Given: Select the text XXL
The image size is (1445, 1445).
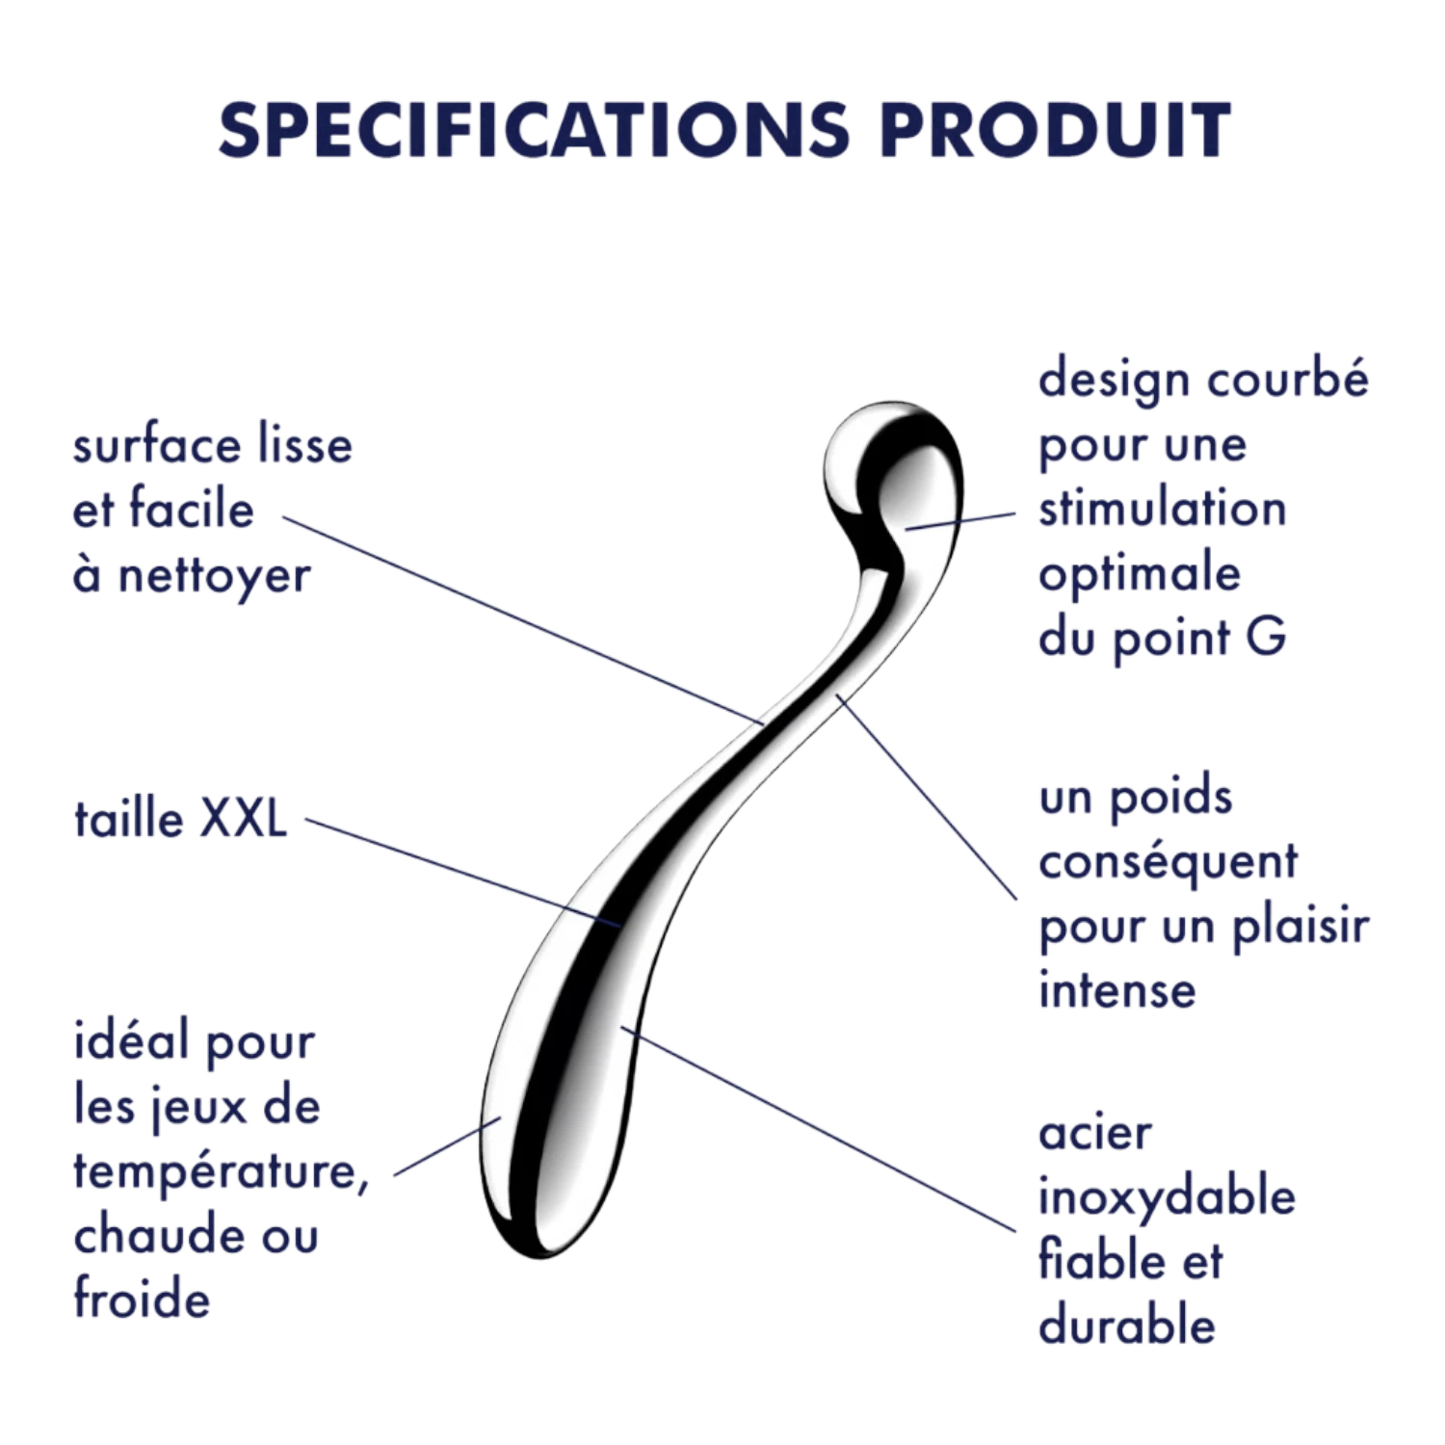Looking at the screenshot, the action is (x=243, y=820).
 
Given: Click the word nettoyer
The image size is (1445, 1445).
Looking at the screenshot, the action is (x=214, y=575).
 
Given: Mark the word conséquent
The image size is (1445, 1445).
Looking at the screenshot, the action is (x=1168, y=863).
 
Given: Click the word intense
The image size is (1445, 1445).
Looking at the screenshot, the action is (x=1117, y=990).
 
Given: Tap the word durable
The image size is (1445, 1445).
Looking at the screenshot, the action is (x=1126, y=1325).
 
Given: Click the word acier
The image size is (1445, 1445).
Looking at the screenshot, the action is (x=1094, y=1134).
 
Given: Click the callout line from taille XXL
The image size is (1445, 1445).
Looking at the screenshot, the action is (x=463, y=873).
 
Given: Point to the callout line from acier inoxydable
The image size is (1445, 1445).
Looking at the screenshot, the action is (x=818, y=1129).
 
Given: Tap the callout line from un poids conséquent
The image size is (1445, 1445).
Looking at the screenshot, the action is (x=926, y=796).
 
